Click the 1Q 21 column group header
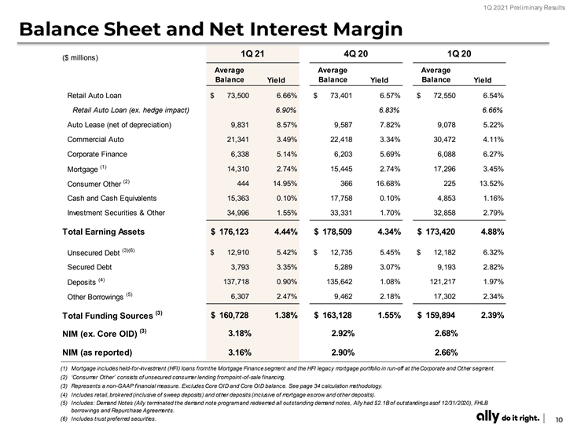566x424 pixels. (x=252, y=53)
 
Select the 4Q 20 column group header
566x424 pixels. (x=355, y=53)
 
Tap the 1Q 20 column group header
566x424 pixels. (x=459, y=53)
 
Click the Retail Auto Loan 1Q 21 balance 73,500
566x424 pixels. (x=238, y=96)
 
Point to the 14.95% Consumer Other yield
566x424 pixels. (x=285, y=184)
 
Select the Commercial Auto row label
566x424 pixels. (x=95, y=140)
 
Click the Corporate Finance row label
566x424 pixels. (x=97, y=155)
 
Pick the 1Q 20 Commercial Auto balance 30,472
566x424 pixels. (x=444, y=140)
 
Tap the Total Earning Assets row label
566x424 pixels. (x=103, y=232)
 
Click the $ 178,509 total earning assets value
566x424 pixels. (x=333, y=232)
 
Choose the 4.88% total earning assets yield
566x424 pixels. (x=492, y=232)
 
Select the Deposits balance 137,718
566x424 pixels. (x=237, y=282)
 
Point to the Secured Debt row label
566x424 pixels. (x=89, y=267)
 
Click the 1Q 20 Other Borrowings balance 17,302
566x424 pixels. (x=444, y=296)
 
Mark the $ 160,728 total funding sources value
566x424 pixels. (x=230, y=316)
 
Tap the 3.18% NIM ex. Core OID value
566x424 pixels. (x=240, y=334)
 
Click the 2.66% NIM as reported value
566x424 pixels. (x=447, y=353)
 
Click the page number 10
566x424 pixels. (x=560, y=419)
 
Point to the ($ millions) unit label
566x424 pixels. (x=79, y=57)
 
